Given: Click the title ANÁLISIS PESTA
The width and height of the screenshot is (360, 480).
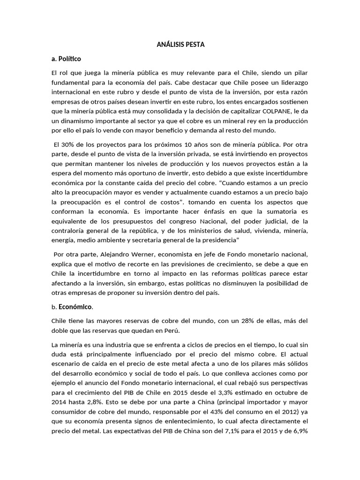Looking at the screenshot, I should click(x=180, y=45).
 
